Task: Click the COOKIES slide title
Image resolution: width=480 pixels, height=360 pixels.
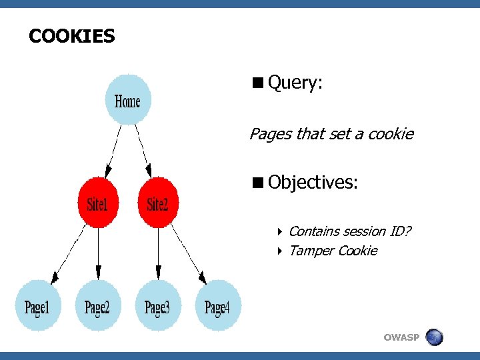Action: (72, 36)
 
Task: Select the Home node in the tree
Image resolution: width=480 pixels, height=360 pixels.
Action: (128, 101)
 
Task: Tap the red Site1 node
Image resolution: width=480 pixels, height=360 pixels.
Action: (98, 203)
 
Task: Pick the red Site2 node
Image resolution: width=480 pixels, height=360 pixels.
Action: (158, 203)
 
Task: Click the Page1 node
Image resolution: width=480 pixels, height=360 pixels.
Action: (38, 307)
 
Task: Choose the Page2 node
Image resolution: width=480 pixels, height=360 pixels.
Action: (98, 307)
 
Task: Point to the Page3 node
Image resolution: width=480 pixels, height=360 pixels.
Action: (158, 307)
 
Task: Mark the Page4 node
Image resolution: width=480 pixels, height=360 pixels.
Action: (217, 307)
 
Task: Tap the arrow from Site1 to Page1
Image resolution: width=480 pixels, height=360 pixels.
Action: (69, 253)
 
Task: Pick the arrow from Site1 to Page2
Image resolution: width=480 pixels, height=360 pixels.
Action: (98, 253)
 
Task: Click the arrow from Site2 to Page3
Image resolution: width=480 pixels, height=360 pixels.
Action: (158, 253)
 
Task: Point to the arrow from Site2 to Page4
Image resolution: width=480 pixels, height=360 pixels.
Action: (187, 253)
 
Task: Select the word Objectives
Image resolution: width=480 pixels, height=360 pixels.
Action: (313, 182)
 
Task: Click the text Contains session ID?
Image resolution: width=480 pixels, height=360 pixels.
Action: (350, 231)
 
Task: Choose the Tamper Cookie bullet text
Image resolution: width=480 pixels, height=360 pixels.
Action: (333, 251)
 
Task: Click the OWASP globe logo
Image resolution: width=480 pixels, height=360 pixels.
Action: (434, 337)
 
